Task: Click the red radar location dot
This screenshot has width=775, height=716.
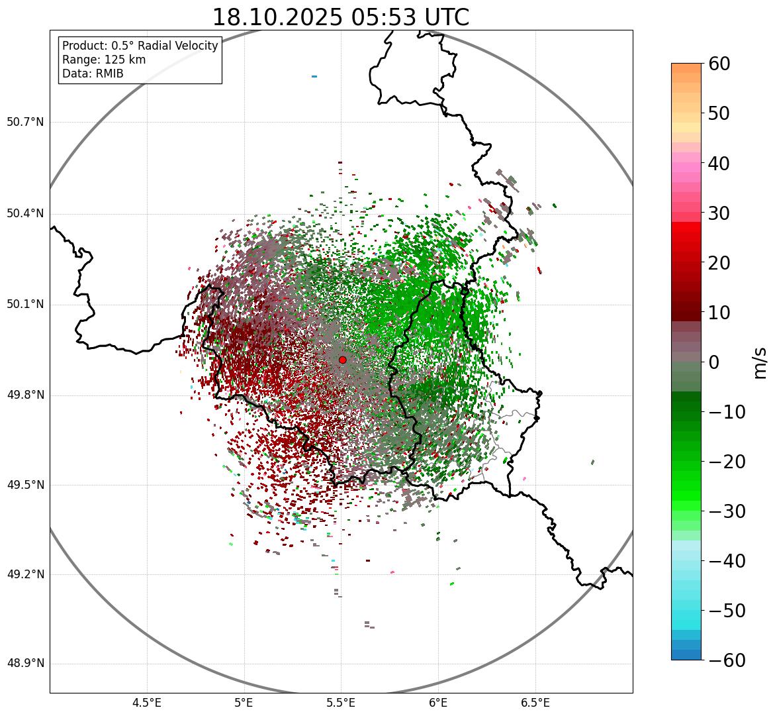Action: (x=342, y=360)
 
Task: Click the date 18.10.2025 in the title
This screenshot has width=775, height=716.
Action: (x=277, y=17)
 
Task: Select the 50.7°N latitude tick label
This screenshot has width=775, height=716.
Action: (x=25, y=122)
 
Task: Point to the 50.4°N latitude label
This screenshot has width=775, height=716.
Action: (x=25, y=213)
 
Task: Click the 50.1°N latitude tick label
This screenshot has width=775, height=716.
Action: (x=25, y=305)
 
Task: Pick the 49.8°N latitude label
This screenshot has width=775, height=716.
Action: (x=25, y=395)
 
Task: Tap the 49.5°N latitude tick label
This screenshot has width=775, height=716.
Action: (x=25, y=485)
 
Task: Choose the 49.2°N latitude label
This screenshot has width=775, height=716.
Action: (x=25, y=574)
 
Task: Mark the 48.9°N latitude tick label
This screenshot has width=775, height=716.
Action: (x=25, y=664)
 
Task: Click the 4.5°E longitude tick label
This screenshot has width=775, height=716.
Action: (x=147, y=703)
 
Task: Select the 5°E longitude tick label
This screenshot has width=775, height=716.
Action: (x=244, y=703)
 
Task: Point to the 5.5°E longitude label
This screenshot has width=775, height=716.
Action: (x=341, y=703)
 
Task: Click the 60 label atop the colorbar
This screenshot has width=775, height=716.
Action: (x=720, y=64)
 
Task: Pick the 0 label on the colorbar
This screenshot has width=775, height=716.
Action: (x=714, y=362)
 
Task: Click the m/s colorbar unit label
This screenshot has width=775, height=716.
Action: (x=760, y=362)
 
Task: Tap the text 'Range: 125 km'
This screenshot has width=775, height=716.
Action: (x=104, y=60)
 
